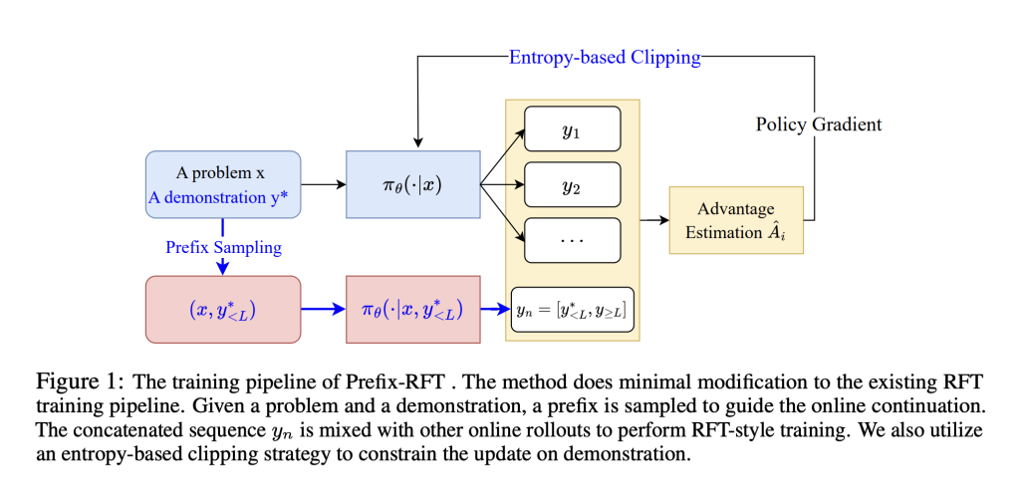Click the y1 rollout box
click(572, 128)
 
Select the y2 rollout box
click(572, 184)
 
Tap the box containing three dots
click(572, 240)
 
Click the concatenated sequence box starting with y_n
click(572, 309)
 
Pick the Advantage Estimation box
click(736, 220)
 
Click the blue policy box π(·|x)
click(412, 184)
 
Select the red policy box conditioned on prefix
click(412, 310)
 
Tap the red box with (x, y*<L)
click(222, 310)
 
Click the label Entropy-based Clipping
click(605, 57)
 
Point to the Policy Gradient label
click(819, 125)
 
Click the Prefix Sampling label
click(223, 246)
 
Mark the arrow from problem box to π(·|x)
click(323, 184)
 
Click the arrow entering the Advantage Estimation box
click(653, 219)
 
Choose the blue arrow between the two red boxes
click(323, 310)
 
